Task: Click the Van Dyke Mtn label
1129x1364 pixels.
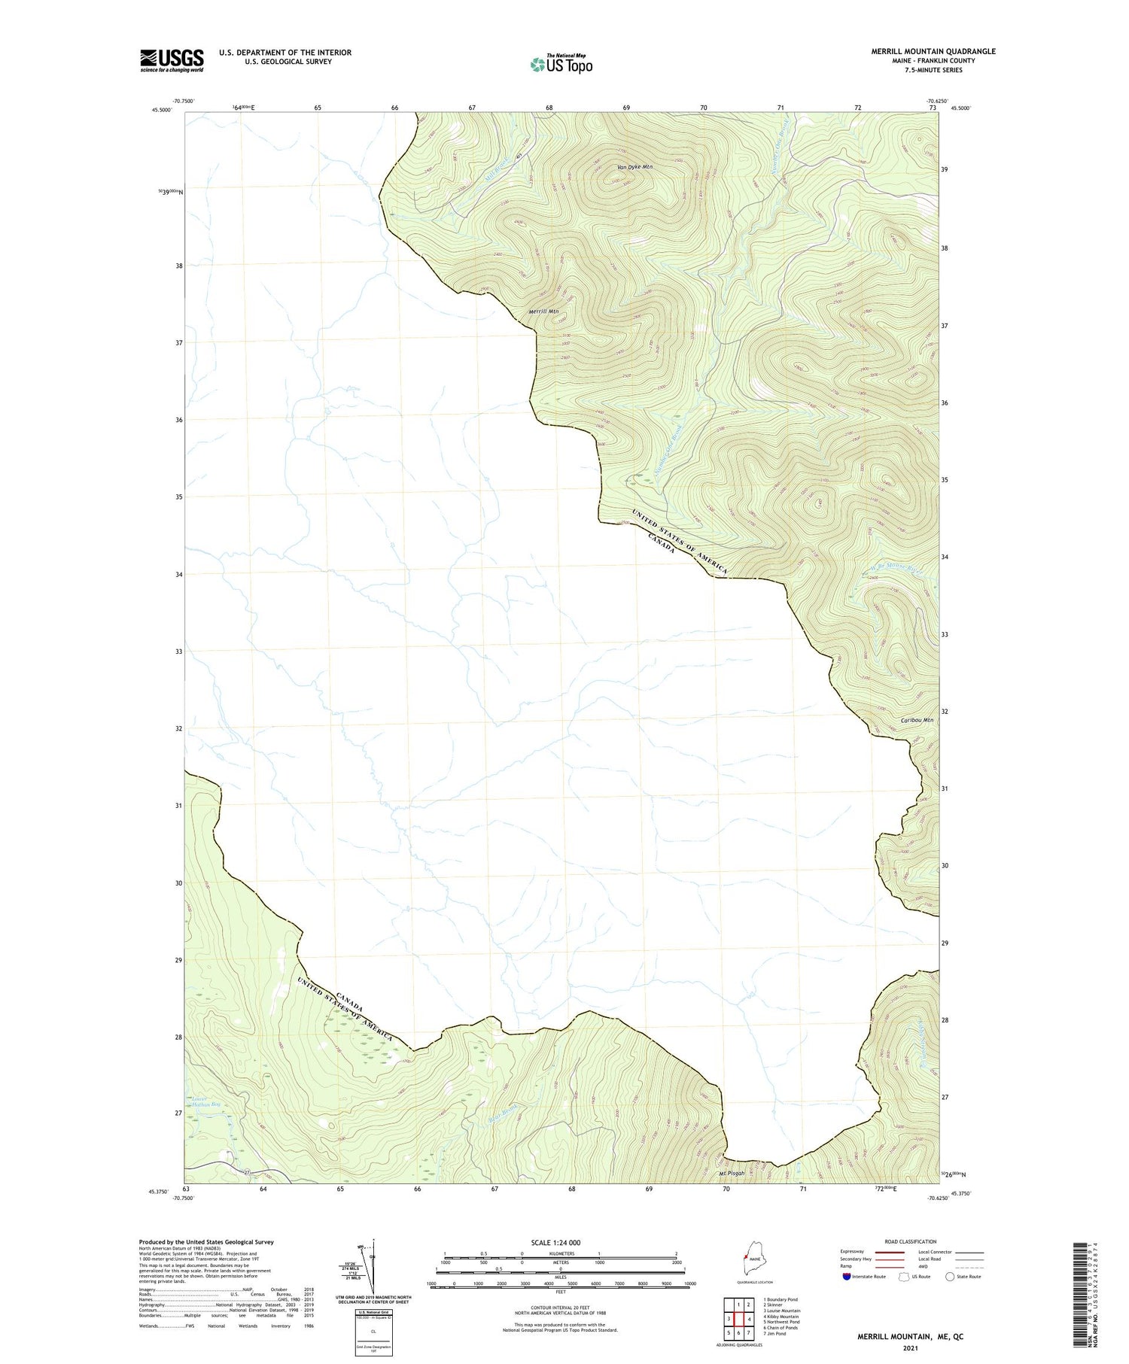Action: click(634, 167)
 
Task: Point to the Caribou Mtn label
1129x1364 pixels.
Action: click(916, 720)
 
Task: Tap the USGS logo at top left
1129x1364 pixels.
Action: click(172, 60)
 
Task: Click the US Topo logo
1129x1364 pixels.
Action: click(561, 64)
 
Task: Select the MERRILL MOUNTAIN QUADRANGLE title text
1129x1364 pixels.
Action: click(922, 51)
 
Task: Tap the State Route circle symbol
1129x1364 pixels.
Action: click(950, 1277)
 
